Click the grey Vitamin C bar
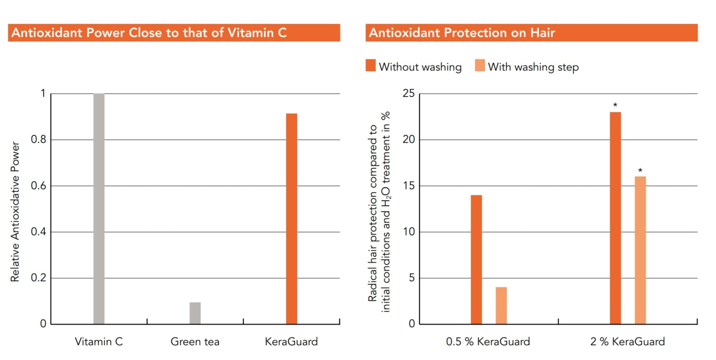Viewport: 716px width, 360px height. tap(99, 209)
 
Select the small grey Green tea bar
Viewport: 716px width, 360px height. tap(195, 313)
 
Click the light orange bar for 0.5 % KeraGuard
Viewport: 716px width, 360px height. tap(501, 306)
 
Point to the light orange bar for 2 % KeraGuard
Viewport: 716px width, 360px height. tap(640, 250)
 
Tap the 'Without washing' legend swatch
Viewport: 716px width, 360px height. tap(371, 65)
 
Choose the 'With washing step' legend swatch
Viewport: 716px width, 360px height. tap(480, 65)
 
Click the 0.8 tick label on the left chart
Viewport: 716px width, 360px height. tap(38, 140)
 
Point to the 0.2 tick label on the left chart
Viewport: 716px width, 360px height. tap(38, 278)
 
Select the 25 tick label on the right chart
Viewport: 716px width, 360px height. tap(409, 94)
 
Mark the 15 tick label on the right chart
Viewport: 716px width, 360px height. tap(409, 186)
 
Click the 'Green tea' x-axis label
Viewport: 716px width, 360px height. tap(195, 342)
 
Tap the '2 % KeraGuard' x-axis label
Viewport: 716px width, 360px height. tap(628, 342)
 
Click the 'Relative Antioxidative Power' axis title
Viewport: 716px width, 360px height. tap(15, 211)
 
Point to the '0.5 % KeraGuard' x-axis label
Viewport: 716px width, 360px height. tap(488, 342)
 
